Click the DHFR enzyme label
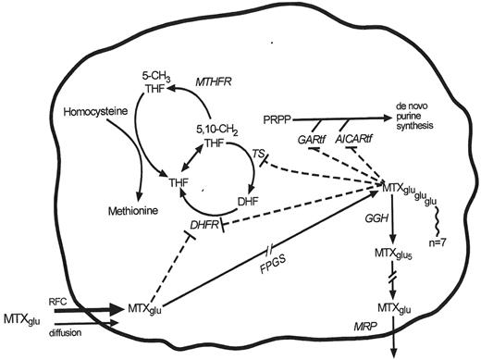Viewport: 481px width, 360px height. [x=204, y=226]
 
